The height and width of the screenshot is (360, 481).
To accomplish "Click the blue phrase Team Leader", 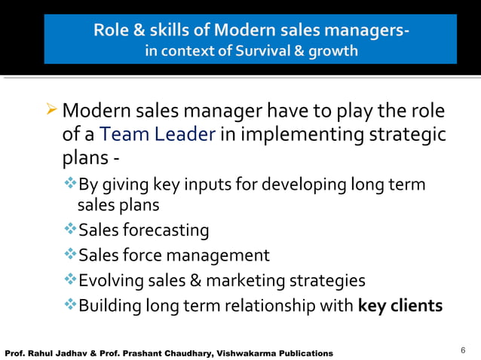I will pos(157,135).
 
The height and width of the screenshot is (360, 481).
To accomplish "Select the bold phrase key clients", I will pos(400,306).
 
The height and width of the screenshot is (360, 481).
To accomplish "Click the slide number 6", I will pos(463,350).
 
